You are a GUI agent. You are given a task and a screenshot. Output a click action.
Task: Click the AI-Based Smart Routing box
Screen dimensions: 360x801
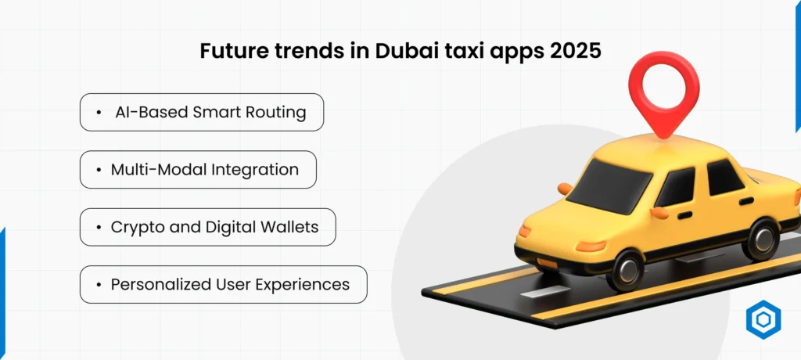(202, 113)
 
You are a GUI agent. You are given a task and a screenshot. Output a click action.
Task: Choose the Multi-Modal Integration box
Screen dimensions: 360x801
(198, 170)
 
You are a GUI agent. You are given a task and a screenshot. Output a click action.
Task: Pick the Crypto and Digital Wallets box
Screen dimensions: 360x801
(208, 227)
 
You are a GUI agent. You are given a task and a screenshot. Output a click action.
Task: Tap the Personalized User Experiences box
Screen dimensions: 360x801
(223, 284)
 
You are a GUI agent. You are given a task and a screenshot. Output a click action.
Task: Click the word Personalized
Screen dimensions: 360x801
(156, 284)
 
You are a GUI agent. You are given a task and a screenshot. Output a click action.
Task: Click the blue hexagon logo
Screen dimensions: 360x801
(763, 321)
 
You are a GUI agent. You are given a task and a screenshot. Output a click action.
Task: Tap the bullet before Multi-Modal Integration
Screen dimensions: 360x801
(99, 170)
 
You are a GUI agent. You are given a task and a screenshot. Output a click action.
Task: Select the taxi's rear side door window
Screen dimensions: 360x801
(725, 178)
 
